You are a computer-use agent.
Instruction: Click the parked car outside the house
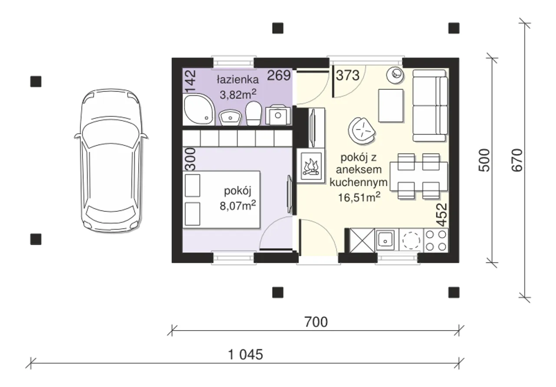(111, 161)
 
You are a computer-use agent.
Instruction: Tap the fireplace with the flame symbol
(311, 166)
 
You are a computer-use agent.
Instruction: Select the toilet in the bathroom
(253, 113)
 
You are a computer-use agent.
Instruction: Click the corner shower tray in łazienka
(199, 109)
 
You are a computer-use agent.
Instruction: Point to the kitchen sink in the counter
(385, 240)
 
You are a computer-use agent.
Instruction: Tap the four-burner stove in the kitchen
(436, 240)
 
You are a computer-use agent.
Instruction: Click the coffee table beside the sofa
(391, 105)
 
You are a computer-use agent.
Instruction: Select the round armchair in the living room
(362, 131)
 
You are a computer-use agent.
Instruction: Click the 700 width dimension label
(316, 322)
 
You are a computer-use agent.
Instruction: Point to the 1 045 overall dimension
(245, 354)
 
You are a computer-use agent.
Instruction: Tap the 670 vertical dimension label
(517, 160)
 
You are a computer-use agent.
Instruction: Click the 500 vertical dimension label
(484, 160)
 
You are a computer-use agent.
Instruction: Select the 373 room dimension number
(348, 75)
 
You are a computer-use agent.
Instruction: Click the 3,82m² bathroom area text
(238, 94)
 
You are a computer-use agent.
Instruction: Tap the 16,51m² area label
(359, 197)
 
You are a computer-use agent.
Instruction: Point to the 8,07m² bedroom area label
(238, 206)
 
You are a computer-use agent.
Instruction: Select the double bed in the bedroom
(222, 200)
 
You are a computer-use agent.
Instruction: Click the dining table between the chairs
(419, 176)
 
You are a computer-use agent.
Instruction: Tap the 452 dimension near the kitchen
(442, 215)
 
